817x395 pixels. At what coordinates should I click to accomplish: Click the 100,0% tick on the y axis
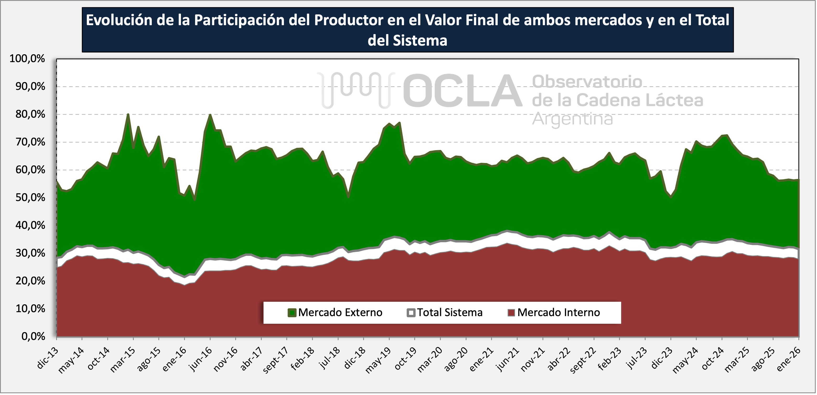coord(27,59)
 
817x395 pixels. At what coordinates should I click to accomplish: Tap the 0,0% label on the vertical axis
coord(33,336)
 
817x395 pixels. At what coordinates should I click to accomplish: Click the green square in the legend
coord(292,313)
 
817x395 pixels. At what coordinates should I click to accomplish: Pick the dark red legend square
coord(511,313)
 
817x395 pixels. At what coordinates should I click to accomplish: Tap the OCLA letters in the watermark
coord(461,90)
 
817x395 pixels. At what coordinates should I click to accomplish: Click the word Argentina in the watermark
coord(572,119)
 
